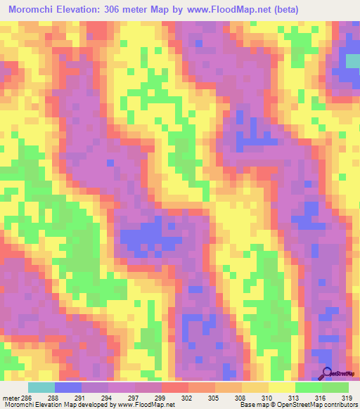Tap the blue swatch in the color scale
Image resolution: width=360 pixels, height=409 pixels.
pyautogui.click(x=67, y=387)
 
